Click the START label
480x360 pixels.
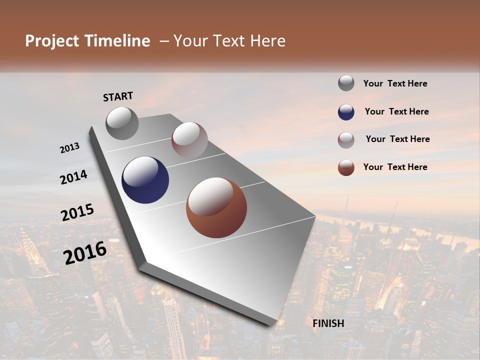118,96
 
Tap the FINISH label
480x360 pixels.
328,323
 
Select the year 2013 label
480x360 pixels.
70,148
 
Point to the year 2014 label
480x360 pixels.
73,177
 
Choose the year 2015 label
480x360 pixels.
77,212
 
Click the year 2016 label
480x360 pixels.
85,252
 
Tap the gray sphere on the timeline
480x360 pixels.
122,123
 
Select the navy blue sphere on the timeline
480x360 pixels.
145,180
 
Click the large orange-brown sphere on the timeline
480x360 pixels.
216,207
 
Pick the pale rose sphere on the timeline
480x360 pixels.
189,140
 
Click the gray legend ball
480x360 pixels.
346,83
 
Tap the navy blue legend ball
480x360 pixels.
346,112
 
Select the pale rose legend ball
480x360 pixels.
346,139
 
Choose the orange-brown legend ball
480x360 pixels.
346,167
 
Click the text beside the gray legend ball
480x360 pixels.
395,84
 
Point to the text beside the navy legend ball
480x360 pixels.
396,111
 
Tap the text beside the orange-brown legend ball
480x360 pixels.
395,167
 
